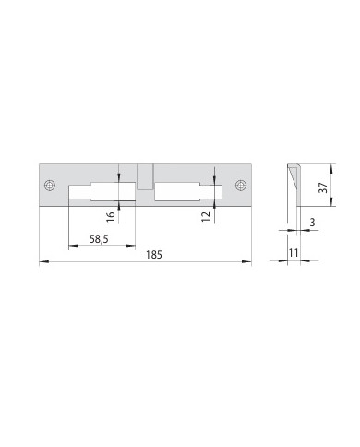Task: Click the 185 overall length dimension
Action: pyautogui.click(x=154, y=255)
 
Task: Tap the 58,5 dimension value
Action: pyautogui.click(x=99, y=239)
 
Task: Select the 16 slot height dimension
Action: pyautogui.click(x=112, y=216)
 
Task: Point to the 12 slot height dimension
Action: pyautogui.click(x=206, y=216)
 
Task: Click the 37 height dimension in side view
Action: pyautogui.click(x=323, y=187)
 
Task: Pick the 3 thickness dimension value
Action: pyautogui.click(x=312, y=223)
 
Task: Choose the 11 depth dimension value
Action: pyautogui.click(x=294, y=253)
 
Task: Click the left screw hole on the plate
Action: pyautogui.click(x=50, y=186)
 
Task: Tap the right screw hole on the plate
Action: pyautogui.click(x=241, y=185)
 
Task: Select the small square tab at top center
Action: pyautogui.click(x=145, y=176)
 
